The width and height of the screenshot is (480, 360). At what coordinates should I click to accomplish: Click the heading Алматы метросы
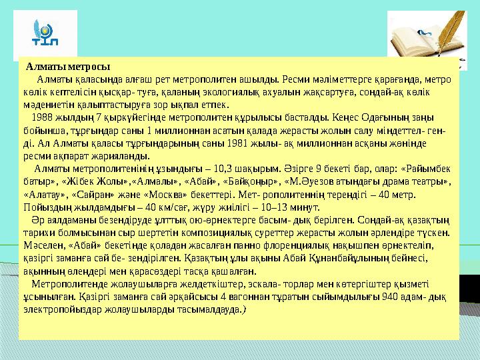pyautogui.click(x=67, y=67)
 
